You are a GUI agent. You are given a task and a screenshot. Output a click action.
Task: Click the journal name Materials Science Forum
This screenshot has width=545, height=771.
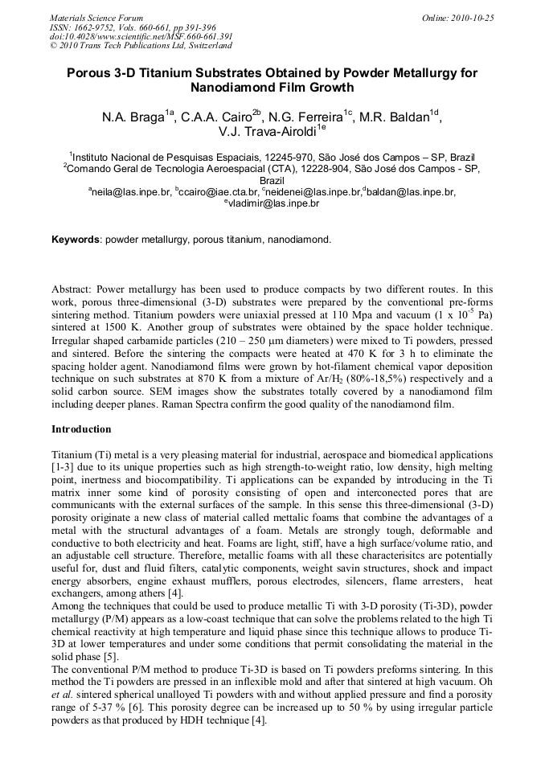point(96,17)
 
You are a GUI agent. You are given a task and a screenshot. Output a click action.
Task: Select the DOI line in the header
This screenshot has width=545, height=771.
point(141,36)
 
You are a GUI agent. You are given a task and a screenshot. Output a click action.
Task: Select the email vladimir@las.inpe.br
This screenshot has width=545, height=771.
point(274,204)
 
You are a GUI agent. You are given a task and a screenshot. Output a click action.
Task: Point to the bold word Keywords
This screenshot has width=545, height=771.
point(76,240)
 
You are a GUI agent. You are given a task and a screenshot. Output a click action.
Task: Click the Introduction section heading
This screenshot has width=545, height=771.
point(81,429)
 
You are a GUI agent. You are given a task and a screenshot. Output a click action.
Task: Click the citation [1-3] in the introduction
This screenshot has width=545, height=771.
point(64,467)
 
